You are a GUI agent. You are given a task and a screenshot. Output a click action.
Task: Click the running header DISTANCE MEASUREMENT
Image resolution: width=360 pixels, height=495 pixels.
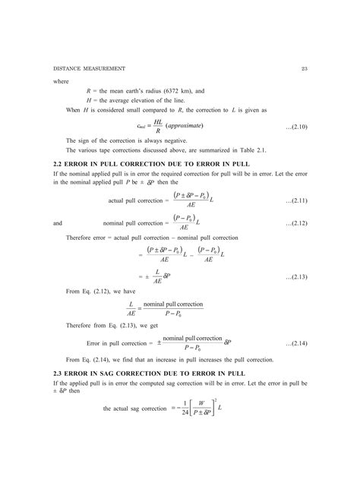coord(87,68)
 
